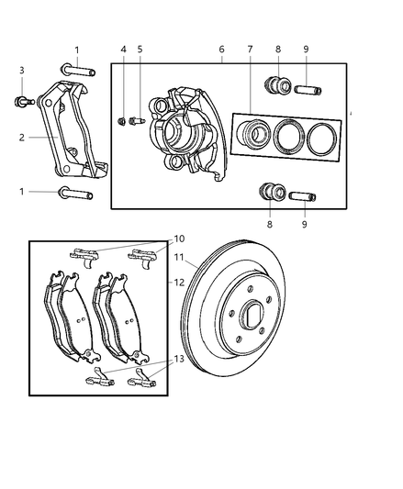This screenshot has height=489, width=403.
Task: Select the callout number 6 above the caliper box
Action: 221,50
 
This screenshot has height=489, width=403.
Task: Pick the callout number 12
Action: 181,283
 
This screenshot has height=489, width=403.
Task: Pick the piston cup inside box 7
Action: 252,136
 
